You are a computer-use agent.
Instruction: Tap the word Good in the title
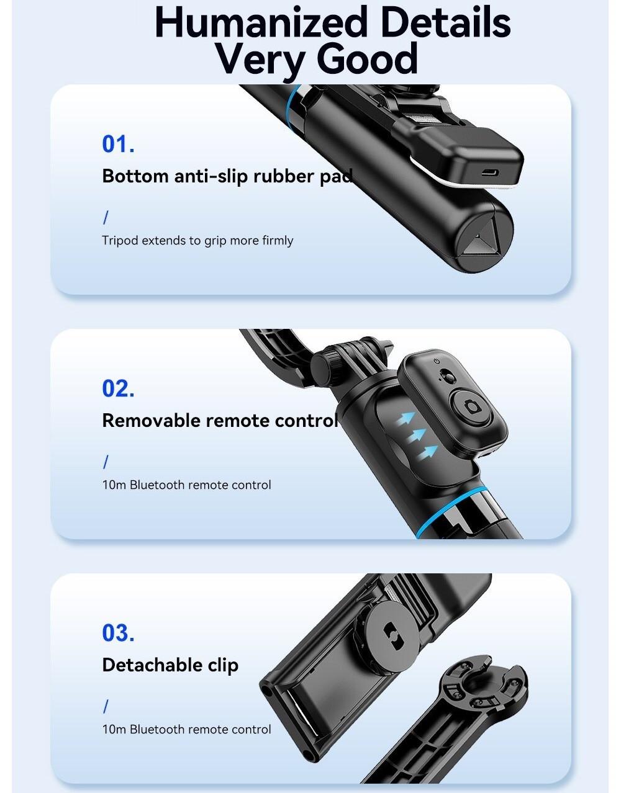[367, 58]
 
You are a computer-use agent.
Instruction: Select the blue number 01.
[118, 144]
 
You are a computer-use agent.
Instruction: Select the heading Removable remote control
[219, 421]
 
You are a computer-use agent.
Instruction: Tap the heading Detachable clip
[170, 665]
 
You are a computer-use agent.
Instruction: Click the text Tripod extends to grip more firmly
[197, 241]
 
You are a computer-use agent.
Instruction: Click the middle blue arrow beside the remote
[416, 436]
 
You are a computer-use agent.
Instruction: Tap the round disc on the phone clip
[391, 633]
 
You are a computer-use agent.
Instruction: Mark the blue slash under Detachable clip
[106, 706]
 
